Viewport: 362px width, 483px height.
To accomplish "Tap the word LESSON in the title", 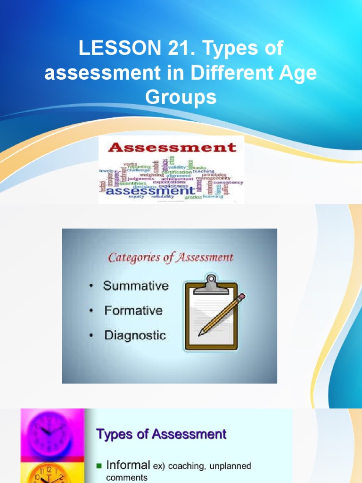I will pos(112,49).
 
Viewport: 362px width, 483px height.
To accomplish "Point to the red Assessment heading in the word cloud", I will pos(172,147).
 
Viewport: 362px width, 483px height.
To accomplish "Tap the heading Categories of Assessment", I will pos(171,258).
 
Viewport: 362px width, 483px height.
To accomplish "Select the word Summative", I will pos(136,286).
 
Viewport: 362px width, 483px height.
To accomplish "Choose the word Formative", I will pos(133,311).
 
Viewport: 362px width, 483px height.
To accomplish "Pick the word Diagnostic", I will pos(135,336).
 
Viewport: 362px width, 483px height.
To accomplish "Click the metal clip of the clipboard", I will pos(211,284).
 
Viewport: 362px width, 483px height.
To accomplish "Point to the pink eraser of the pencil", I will pos(241,298).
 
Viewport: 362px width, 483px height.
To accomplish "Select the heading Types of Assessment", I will pos(161,434).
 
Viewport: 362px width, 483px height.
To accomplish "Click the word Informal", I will pos(128,465).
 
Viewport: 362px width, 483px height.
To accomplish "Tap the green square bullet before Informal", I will pos(99,466).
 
